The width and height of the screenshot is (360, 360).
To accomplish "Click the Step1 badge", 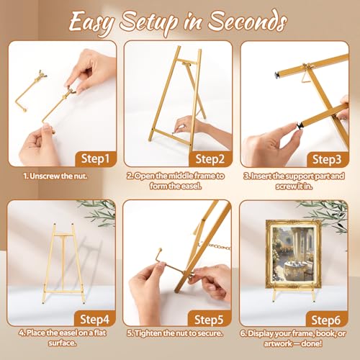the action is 96,158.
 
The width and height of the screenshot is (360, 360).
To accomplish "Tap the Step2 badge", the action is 210,159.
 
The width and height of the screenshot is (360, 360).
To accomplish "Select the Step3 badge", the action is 327,159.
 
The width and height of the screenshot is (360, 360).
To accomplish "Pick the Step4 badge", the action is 94,319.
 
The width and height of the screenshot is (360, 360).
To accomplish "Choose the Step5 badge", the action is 209,319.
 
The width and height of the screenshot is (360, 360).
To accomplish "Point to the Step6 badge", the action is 326,320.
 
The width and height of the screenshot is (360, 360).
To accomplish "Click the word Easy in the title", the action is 92,22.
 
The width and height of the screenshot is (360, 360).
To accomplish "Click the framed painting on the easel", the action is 293,254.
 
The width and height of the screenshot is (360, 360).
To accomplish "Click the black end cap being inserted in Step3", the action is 299,125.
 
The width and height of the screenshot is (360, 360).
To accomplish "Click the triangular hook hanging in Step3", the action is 305,78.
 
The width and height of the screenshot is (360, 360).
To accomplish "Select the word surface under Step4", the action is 62,343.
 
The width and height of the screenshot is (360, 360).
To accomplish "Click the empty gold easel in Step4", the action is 63,264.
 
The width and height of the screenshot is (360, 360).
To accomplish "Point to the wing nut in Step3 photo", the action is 307,66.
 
